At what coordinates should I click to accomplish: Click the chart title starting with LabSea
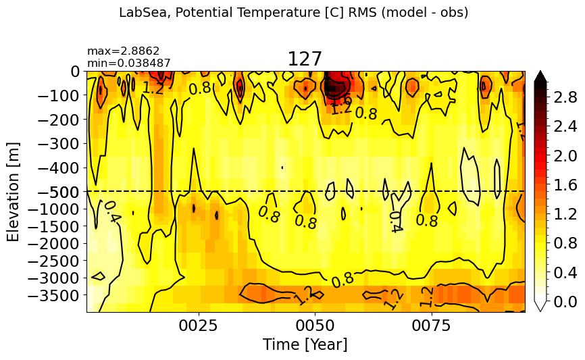point(293,13)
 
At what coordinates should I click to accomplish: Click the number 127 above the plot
point(305,59)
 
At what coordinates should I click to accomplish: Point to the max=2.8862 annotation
point(124,51)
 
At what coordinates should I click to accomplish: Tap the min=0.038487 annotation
point(129,63)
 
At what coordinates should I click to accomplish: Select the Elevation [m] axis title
point(13,192)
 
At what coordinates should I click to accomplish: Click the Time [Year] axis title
point(305,344)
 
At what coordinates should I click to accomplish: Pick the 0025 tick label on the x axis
point(199,326)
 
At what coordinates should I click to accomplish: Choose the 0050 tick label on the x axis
point(315,326)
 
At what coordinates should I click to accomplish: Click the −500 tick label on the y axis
point(59,192)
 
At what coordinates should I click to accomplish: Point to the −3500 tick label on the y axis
point(54,295)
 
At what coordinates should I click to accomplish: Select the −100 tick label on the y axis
point(59,95)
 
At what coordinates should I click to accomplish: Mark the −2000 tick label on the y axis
point(54,244)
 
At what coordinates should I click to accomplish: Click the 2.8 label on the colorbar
point(565,98)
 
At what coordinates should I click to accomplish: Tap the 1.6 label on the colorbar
point(565,186)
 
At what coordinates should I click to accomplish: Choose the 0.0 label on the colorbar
point(565,302)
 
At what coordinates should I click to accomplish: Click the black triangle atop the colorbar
point(540,76)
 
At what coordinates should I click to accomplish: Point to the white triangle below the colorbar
point(540,305)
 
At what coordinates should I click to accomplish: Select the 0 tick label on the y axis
point(76,71)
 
